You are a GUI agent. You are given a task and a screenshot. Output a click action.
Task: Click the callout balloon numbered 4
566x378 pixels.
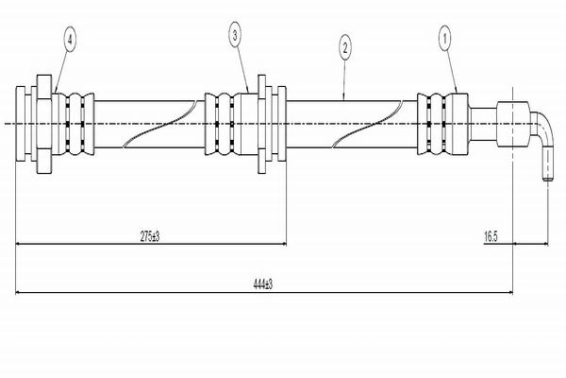click(x=70, y=39)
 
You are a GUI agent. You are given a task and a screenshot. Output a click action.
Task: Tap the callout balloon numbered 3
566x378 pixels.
click(x=235, y=36)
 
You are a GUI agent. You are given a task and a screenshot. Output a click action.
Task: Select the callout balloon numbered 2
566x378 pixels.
click(x=345, y=48)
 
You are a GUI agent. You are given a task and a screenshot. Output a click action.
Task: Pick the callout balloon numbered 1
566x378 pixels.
click(x=444, y=38)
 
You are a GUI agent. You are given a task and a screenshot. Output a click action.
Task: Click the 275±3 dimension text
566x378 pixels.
click(x=150, y=237)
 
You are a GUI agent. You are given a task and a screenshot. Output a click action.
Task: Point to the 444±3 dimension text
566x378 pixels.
click(x=263, y=284)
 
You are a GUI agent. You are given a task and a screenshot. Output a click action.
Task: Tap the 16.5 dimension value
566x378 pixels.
click(x=491, y=237)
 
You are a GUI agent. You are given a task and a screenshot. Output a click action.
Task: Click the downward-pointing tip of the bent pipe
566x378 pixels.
click(x=548, y=179)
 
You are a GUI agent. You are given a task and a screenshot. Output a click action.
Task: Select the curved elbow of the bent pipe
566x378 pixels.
click(x=541, y=125)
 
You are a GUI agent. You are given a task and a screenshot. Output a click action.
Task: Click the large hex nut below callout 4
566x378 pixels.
click(x=44, y=124)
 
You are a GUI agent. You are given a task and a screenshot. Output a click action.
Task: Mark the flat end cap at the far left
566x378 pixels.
click(x=21, y=124)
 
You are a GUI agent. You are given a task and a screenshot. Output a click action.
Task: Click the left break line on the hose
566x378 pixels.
click(x=159, y=124)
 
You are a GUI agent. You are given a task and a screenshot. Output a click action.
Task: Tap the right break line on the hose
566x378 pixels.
click(x=367, y=124)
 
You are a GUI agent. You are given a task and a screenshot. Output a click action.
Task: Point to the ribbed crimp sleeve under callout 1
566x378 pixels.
click(x=442, y=124)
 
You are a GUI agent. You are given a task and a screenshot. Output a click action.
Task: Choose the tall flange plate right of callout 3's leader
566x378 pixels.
click(x=261, y=124)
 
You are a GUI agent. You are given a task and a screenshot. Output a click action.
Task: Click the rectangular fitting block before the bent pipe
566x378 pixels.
click(x=513, y=124)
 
